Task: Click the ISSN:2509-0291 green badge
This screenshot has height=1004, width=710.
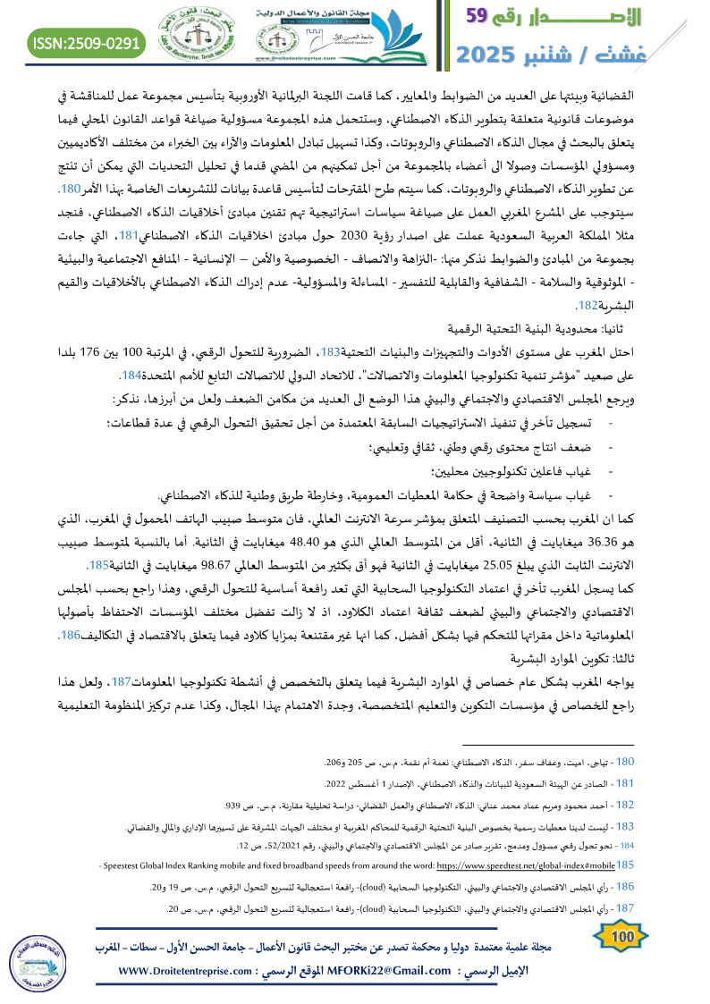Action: (88, 43)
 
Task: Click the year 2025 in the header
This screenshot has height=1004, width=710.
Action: (489, 54)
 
